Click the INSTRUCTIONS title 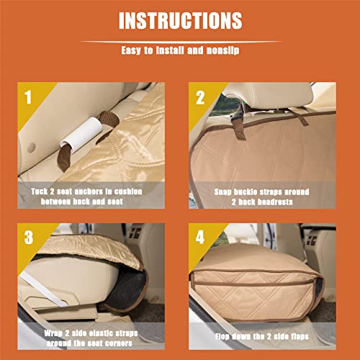tap(180, 20)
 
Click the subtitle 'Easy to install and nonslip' tap(180, 52)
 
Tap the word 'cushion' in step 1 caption tap(145, 191)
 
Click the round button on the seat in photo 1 tap(30, 147)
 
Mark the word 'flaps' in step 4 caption tap(302, 336)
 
